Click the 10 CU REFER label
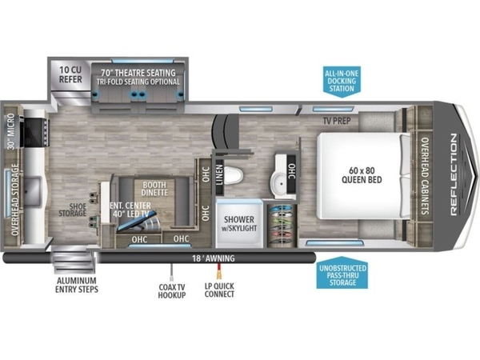coord(70,74)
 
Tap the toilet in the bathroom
coord(234,175)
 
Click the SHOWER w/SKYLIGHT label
coord(239,223)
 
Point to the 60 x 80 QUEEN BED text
coord(362,175)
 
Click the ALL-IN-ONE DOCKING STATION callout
coord(342,82)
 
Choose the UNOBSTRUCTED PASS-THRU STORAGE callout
coord(342,273)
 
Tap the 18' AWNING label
coord(214,258)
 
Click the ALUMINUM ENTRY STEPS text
coord(77,285)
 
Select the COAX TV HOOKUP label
coord(172,291)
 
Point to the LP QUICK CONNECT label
coord(219,290)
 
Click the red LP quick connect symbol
coord(219,271)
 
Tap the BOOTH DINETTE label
coord(154,189)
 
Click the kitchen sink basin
coord(31,192)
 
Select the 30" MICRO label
coord(11,131)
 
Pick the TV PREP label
coord(337,121)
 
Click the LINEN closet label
coord(219,175)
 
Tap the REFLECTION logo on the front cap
coord(454,174)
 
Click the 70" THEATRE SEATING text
coord(138,73)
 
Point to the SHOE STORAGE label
coord(73,210)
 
